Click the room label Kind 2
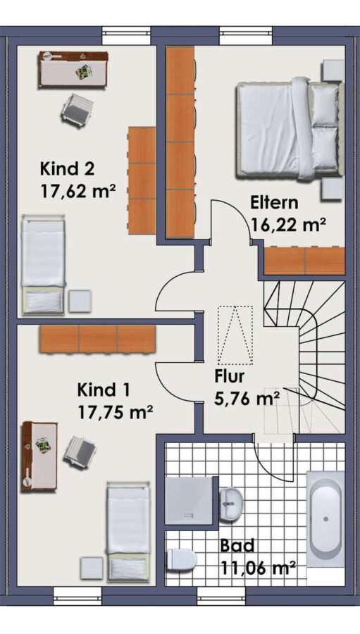[x=67, y=168]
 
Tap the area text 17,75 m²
[x=115, y=413]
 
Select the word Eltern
[x=274, y=203]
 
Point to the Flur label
[x=230, y=376]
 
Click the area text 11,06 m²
[x=257, y=568]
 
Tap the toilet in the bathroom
[x=182, y=559]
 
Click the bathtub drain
[x=325, y=519]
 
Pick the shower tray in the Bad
[x=189, y=501]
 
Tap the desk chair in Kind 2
[x=77, y=110]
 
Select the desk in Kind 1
[x=39, y=456]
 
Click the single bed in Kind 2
[x=43, y=265]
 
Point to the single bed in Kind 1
[x=128, y=532]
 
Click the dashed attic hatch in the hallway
[x=235, y=335]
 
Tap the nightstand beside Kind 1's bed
[x=92, y=568]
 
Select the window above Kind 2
[x=126, y=36]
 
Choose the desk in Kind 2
[x=73, y=69]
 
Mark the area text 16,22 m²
[x=288, y=225]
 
